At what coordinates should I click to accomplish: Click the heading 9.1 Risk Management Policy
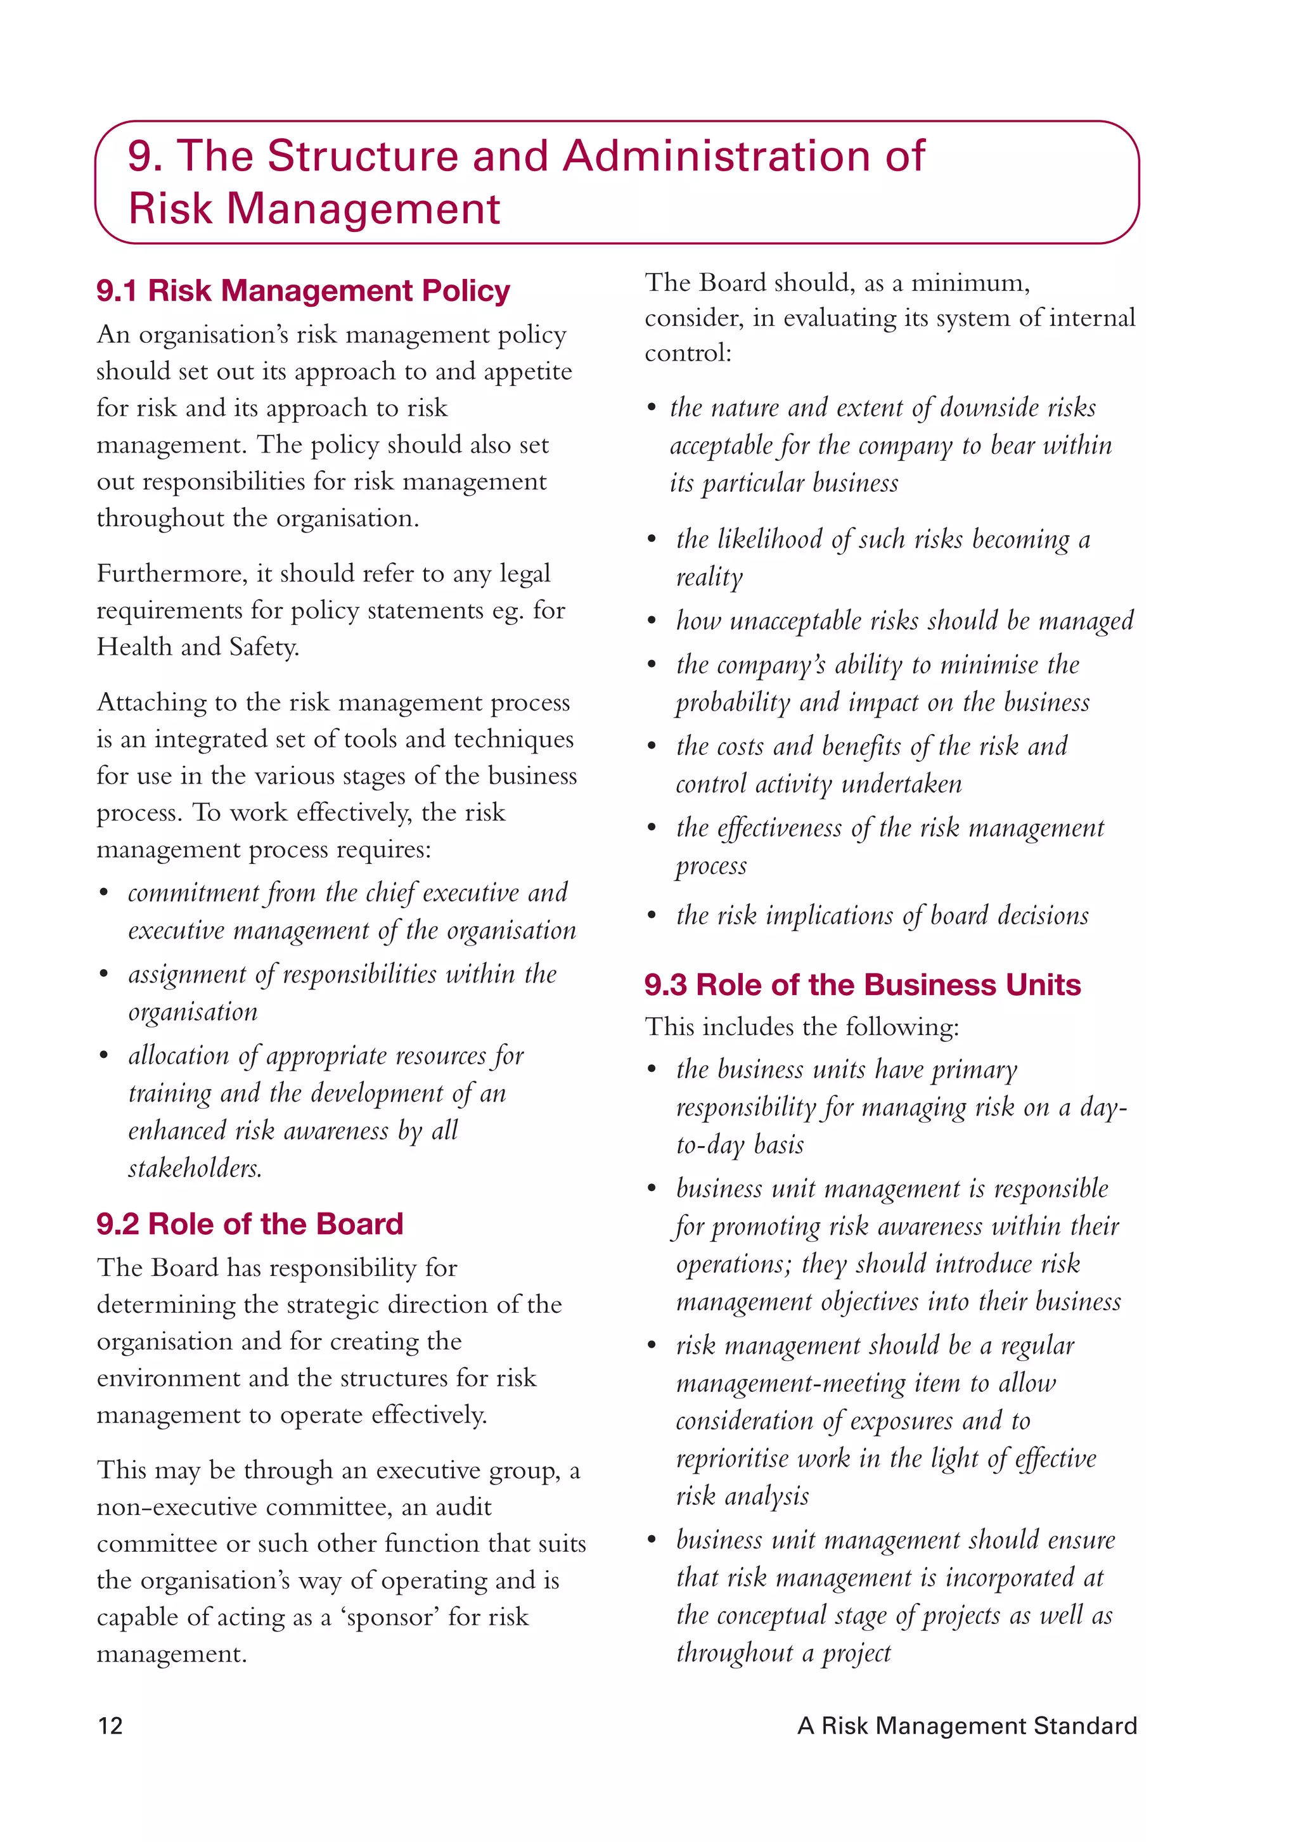tap(302, 290)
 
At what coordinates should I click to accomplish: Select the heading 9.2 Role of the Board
tap(250, 1223)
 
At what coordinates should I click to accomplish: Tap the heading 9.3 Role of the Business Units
tap(863, 984)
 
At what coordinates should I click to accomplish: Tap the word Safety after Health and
tap(263, 647)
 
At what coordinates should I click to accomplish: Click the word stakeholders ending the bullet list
tap(195, 1168)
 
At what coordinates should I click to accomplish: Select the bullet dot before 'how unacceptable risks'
tap(652, 622)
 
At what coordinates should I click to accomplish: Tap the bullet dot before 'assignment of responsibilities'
tap(103, 975)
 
